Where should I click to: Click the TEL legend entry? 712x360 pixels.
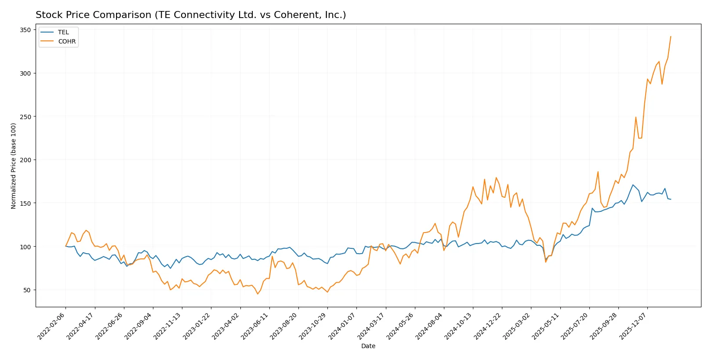63,32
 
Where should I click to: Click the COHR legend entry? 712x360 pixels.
66,41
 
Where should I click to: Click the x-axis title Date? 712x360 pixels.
368,346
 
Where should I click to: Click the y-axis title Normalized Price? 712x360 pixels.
14,166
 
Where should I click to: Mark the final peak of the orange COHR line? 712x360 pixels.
671,36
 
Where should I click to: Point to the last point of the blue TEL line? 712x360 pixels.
671,200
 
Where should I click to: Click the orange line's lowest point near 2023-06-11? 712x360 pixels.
258,294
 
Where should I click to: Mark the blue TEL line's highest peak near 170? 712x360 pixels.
633,185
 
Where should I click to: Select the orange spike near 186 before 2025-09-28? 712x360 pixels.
598,172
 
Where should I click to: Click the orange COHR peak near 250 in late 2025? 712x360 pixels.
636,117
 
